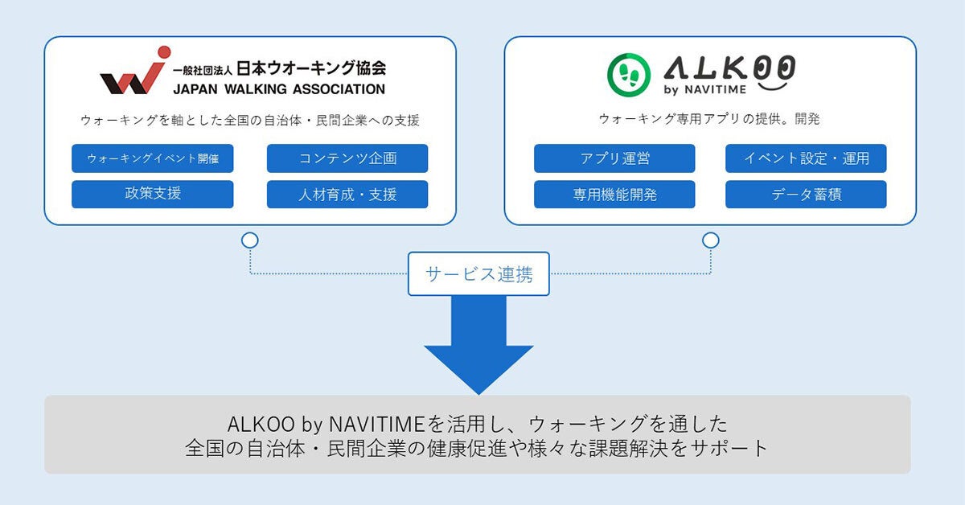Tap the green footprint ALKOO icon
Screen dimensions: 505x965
click(x=628, y=72)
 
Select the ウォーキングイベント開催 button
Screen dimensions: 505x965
click(x=153, y=158)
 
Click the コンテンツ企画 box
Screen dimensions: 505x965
click(x=347, y=158)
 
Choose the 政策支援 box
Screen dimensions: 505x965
click(x=153, y=195)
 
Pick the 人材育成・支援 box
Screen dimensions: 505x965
click(x=347, y=195)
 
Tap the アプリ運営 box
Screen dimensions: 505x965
click(x=614, y=158)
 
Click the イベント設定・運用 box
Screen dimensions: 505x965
click(x=806, y=158)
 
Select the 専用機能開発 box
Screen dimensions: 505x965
click(x=614, y=195)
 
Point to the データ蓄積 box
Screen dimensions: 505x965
click(x=806, y=195)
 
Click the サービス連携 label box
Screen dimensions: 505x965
click(x=479, y=274)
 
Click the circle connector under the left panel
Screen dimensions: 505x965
click(x=250, y=240)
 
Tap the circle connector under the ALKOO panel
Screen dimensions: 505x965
click(x=710, y=240)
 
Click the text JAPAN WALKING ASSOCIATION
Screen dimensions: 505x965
click(x=278, y=89)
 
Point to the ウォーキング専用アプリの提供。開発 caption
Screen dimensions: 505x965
click(x=708, y=119)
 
